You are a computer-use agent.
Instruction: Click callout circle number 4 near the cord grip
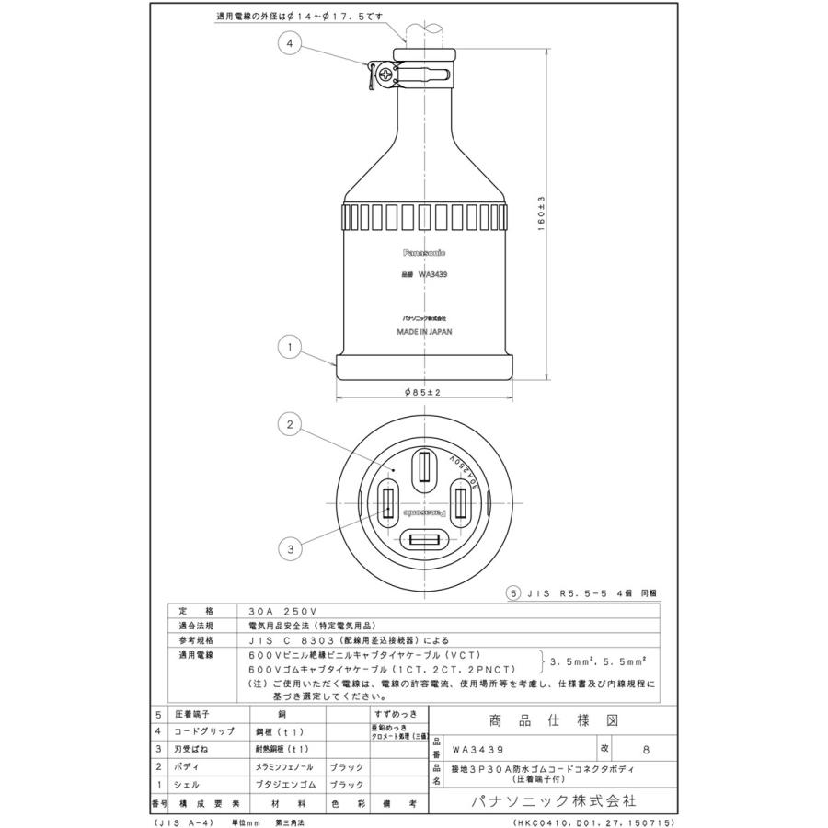(x=290, y=43)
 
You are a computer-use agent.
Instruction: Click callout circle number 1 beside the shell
(x=290, y=347)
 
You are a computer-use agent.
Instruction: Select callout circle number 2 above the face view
(x=290, y=425)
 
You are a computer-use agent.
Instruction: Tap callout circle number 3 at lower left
(x=290, y=549)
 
